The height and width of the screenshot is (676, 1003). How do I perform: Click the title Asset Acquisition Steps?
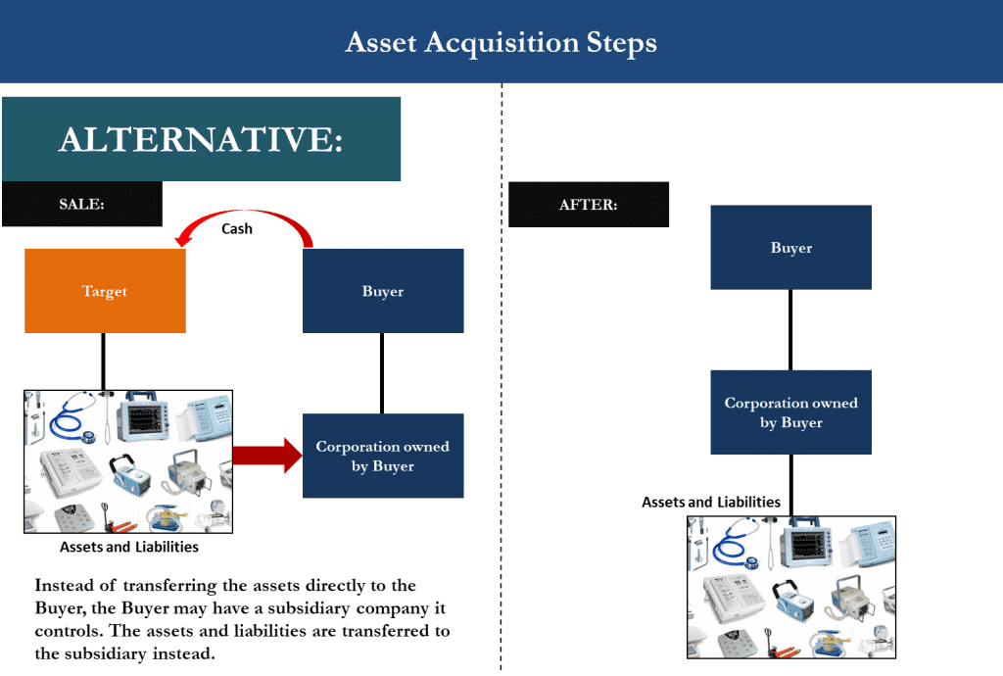[x=501, y=43]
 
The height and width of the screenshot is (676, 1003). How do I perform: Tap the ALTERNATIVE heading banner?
[x=201, y=139]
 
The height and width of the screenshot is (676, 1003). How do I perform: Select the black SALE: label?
[x=81, y=205]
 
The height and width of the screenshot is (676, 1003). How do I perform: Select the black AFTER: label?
[x=588, y=205]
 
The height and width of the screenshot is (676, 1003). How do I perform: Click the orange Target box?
[x=105, y=291]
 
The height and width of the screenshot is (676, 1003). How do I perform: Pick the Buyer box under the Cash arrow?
[x=383, y=291]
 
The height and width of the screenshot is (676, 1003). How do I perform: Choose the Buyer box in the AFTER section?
[x=790, y=248]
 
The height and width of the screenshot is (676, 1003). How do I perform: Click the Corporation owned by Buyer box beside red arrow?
[x=383, y=456]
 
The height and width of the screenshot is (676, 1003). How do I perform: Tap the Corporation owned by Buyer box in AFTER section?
[x=790, y=412]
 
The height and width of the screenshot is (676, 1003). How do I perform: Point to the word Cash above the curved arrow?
[x=236, y=228]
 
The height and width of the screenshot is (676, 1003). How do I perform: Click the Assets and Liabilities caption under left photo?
[x=129, y=547]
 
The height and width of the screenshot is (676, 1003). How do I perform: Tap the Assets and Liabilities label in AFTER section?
[x=711, y=502]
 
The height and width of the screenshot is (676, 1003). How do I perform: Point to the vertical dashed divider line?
[x=501, y=392]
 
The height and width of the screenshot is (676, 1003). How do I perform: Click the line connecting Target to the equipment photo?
[x=105, y=362]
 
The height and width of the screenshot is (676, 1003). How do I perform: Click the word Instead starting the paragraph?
[x=65, y=585]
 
